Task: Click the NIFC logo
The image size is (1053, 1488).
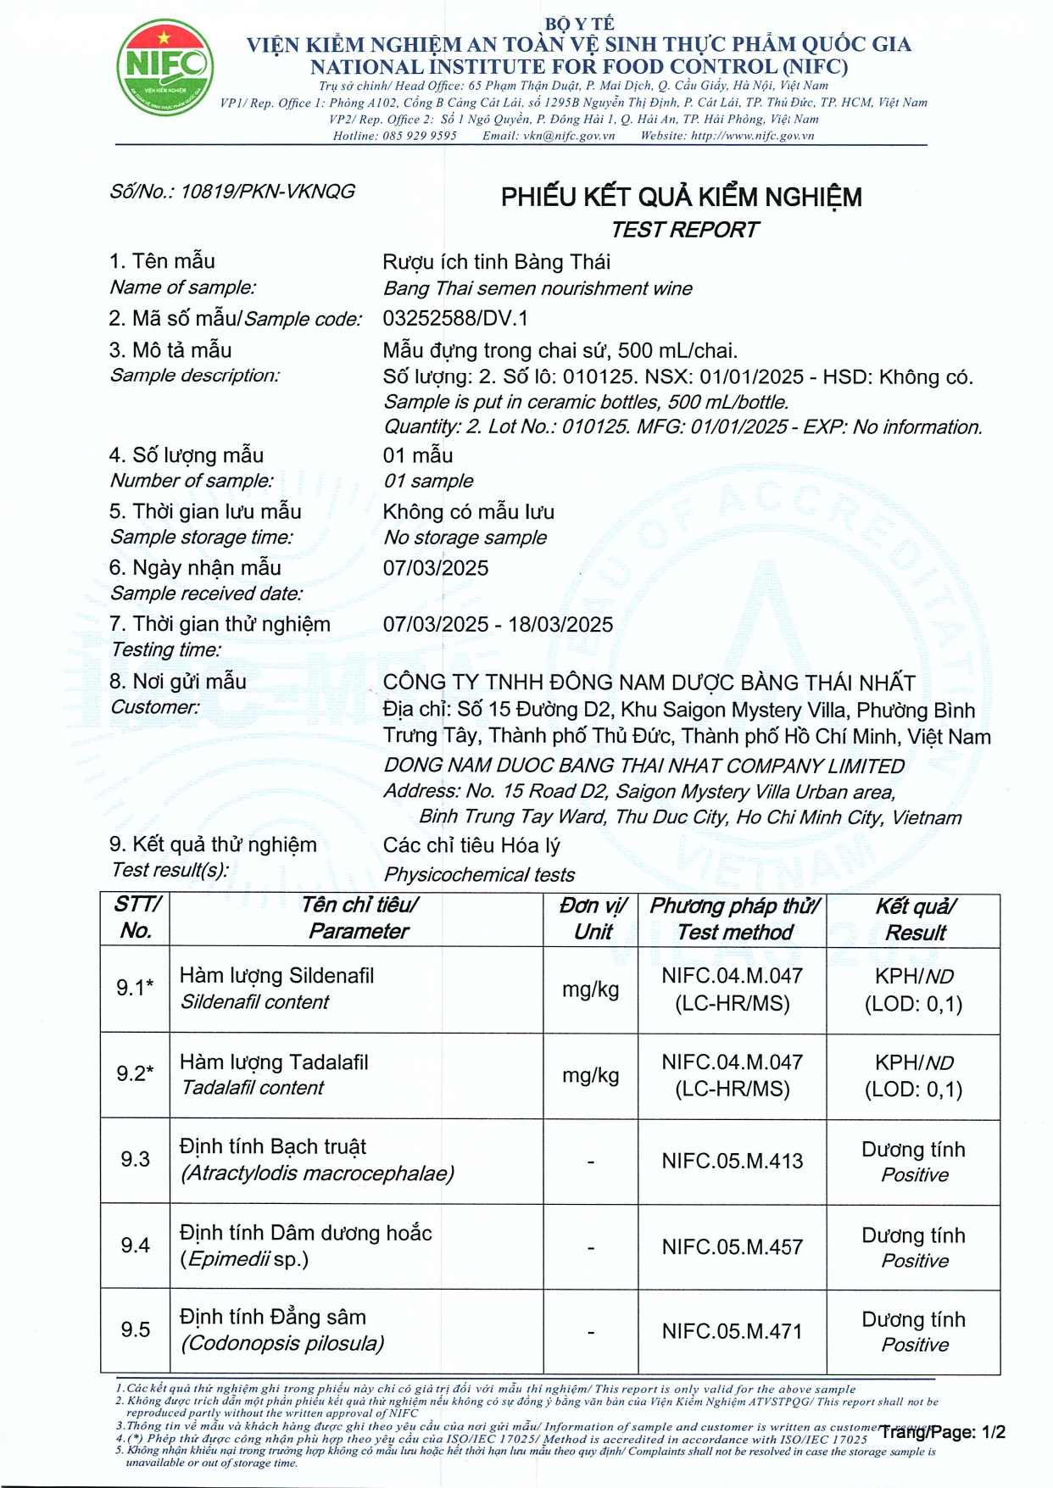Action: click(164, 68)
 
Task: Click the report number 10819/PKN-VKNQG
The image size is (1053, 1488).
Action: click(267, 192)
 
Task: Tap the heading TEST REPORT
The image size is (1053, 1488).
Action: click(685, 230)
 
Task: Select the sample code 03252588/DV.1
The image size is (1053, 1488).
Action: click(455, 318)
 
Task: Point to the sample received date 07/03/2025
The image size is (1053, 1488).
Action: click(436, 568)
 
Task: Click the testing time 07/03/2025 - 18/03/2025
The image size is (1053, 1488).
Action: click(498, 625)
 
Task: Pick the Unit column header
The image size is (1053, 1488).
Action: click(593, 919)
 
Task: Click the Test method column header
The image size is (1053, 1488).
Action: click(734, 919)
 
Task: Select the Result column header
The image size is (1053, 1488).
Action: click(915, 919)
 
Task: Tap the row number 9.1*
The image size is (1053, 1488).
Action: click(135, 988)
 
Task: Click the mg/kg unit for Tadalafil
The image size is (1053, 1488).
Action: click(591, 1075)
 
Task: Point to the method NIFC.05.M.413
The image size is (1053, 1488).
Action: click(733, 1161)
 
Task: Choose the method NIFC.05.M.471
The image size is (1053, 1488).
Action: click(733, 1331)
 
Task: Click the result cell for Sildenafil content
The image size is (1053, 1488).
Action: click(914, 989)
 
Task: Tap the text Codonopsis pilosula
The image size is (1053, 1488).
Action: click(283, 1344)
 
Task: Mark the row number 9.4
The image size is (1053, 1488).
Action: click(135, 1246)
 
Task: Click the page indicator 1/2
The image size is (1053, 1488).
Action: click(993, 1432)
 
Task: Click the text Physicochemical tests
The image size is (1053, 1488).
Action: click(479, 874)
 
